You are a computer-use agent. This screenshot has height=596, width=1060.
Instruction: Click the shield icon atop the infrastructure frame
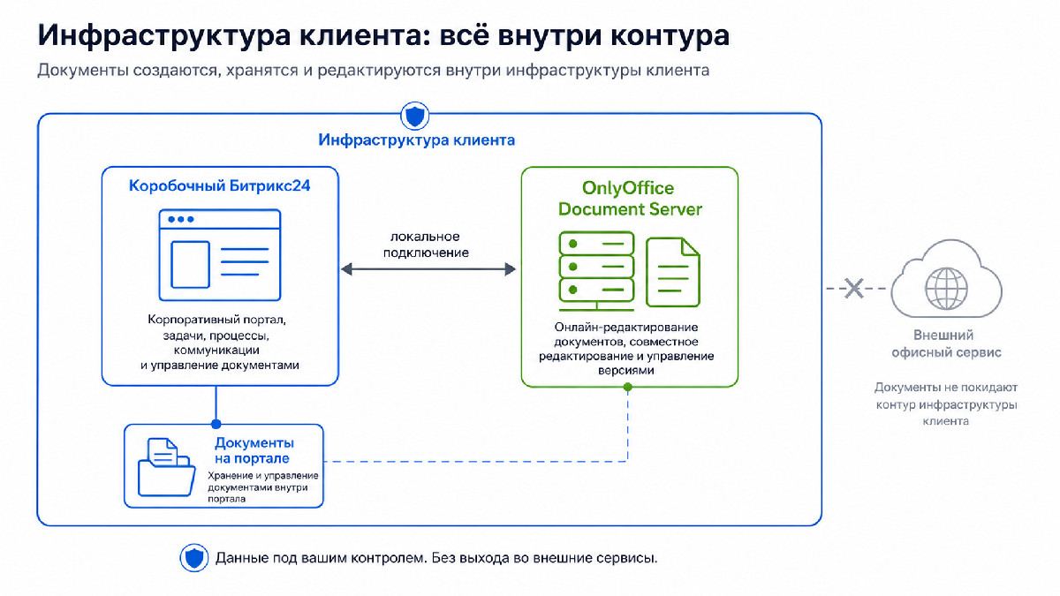[414, 116]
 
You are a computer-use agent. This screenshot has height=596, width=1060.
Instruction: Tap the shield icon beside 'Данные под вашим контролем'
[194, 558]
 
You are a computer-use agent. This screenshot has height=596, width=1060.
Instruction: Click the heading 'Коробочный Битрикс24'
[220, 186]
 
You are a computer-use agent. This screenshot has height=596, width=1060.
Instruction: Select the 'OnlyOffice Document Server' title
[630, 198]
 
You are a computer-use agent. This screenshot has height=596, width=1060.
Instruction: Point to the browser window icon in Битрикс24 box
[220, 255]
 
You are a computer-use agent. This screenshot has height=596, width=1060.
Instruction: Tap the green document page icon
[673, 272]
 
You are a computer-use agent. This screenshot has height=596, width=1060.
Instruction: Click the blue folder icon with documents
[167, 467]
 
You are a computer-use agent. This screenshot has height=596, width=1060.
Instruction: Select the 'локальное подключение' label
[426, 245]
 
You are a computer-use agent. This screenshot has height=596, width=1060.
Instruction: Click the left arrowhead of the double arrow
[346, 269]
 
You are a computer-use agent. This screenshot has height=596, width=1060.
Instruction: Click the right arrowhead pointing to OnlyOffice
[511, 269]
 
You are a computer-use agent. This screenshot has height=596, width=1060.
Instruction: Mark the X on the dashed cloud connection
[853, 289]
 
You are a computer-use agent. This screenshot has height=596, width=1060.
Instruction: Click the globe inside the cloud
[946, 289]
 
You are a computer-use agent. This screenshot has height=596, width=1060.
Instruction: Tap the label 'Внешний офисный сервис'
[946, 343]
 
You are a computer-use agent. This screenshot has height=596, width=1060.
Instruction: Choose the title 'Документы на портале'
[254, 450]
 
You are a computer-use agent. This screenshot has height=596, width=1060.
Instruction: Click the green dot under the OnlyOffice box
[628, 388]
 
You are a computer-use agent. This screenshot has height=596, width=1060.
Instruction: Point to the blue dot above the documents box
[216, 424]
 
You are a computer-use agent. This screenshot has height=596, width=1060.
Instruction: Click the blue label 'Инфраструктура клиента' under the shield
[416, 140]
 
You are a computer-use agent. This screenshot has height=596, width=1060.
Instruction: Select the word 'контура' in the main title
[670, 36]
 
